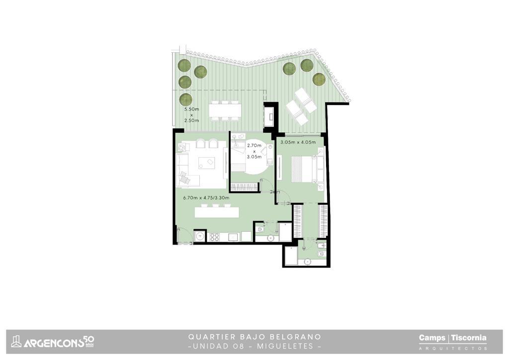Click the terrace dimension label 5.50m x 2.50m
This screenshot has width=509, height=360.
(191, 114)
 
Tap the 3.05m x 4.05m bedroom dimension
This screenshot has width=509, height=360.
(298, 142)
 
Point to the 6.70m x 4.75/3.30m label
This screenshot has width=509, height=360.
(206, 198)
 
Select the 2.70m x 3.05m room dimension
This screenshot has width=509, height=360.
(254, 151)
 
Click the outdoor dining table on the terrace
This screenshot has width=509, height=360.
(225, 110)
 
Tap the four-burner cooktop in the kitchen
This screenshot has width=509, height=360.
(214, 237)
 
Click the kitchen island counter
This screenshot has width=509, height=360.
(217, 212)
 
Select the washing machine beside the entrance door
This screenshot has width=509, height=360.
(200, 236)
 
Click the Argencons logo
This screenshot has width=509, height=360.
(53, 342)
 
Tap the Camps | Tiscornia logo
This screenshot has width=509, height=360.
(452, 342)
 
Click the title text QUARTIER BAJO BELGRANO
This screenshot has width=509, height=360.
(254, 337)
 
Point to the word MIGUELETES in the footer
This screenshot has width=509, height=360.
(285, 346)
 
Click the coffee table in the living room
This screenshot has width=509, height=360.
(207, 163)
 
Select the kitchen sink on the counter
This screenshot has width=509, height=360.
(233, 237)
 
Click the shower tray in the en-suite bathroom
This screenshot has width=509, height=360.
(291, 256)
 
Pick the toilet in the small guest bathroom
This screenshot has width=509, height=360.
(260, 230)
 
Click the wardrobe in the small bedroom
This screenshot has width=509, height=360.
(244, 187)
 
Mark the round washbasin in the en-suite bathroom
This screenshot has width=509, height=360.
(307, 261)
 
